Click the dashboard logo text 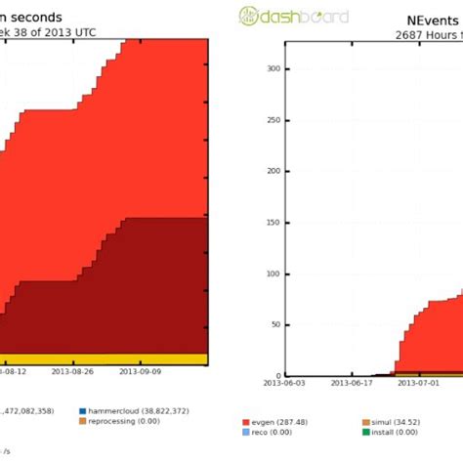290,15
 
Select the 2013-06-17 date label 352,384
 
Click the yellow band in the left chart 98,358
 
